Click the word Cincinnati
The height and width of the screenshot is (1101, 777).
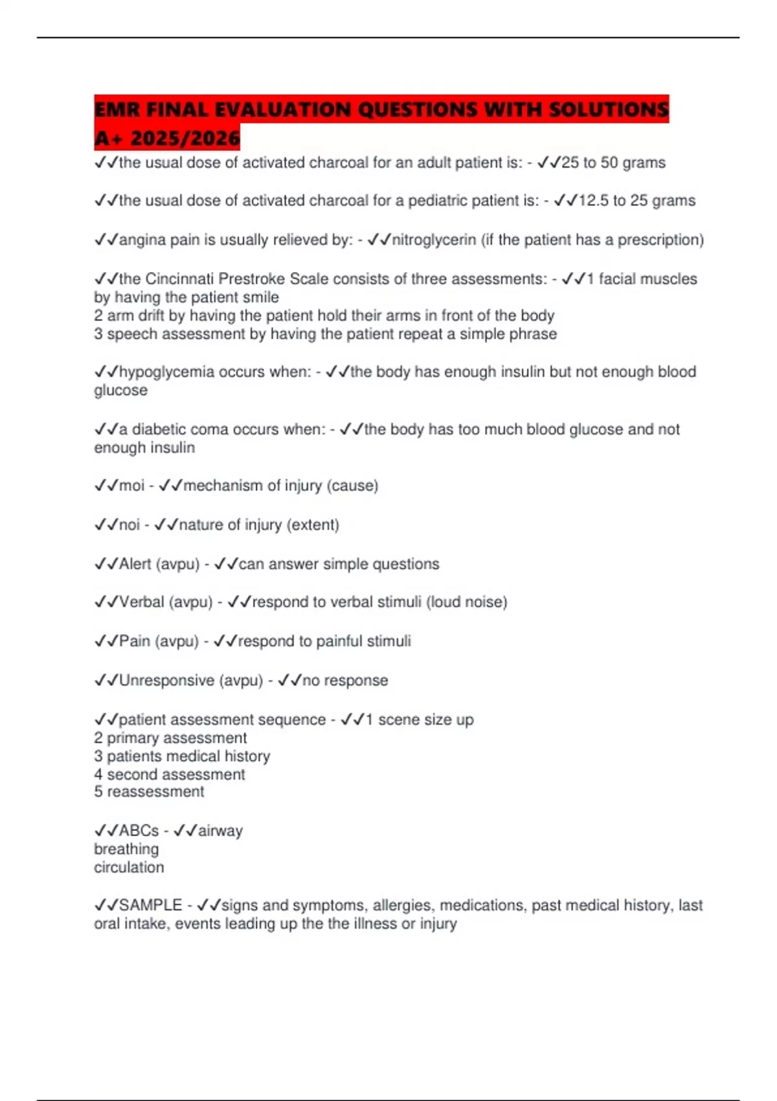[x=179, y=279]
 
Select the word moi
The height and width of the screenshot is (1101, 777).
[x=131, y=486]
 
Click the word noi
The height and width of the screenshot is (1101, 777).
[x=129, y=525]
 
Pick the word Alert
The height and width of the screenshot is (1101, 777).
[x=135, y=564]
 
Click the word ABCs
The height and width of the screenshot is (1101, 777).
[x=139, y=831]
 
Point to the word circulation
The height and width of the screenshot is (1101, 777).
[x=129, y=867]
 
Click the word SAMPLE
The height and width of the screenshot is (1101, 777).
[x=150, y=905]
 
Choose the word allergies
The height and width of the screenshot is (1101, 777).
[x=401, y=905]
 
